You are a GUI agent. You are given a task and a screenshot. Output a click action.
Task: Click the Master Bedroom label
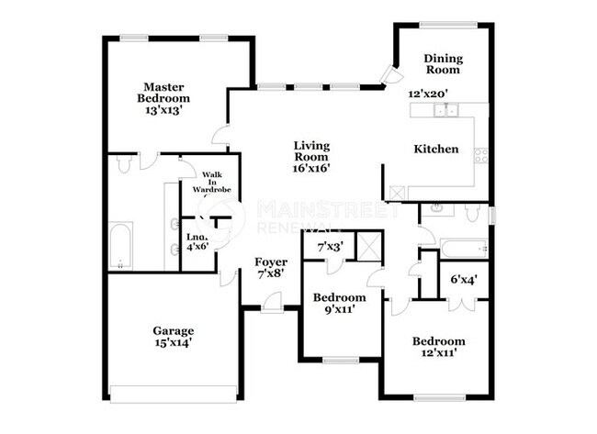pos(163,92)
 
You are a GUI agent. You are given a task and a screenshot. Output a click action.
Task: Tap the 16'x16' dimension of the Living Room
pos(311,168)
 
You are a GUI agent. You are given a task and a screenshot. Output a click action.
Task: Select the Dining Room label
pos(442,63)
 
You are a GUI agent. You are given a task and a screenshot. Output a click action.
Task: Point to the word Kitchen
pos(435,149)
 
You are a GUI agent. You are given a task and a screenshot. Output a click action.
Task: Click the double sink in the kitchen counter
pos(447,110)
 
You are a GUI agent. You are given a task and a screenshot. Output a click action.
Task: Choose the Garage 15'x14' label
pos(174,337)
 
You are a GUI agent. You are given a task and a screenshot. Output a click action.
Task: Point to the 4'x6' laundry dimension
pos(197,246)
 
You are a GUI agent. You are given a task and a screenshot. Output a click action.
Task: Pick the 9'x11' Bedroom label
pos(339,303)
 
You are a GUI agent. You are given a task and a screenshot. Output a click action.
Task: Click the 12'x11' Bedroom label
pos(437,346)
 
